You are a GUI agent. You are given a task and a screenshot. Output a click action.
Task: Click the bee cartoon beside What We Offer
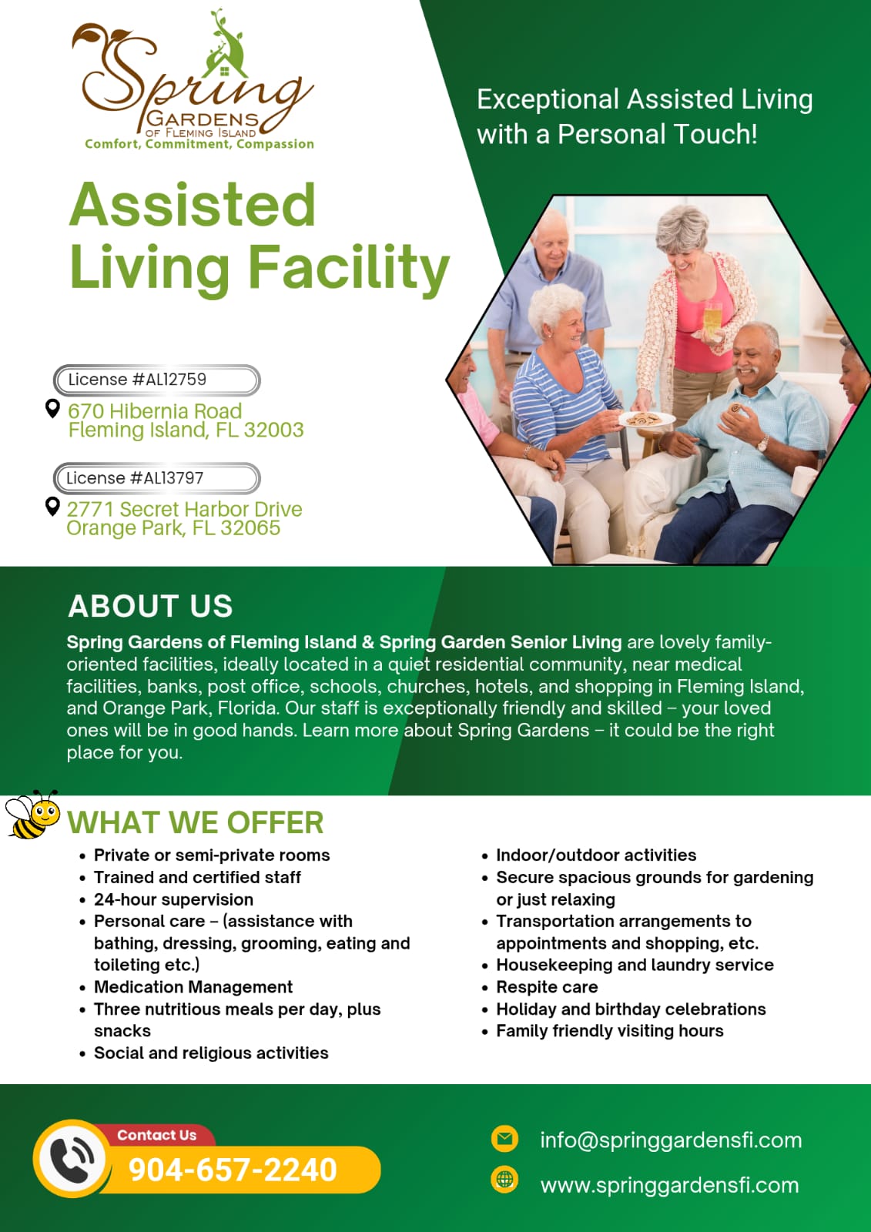tap(32, 815)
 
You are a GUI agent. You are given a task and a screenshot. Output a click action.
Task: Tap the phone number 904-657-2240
tap(233, 1170)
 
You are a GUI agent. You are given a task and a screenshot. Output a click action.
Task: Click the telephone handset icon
tap(72, 1158)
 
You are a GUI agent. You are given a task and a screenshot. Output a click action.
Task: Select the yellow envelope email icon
tap(504, 1138)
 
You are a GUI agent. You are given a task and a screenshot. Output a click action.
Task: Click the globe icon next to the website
tap(504, 1179)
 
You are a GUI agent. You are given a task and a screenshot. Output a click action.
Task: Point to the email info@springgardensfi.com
tap(671, 1140)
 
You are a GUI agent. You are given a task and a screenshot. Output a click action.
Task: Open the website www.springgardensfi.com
tap(669, 1185)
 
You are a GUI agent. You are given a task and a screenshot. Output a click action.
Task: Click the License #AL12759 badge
tap(157, 380)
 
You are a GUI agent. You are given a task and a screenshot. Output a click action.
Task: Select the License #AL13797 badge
tap(157, 478)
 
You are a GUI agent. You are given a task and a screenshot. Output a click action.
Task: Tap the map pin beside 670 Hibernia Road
tap(52, 408)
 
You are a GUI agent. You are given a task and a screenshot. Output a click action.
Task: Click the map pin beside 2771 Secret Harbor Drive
tap(52, 507)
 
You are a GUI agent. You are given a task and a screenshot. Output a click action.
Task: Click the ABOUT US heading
tap(150, 606)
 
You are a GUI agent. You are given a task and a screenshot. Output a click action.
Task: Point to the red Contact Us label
tap(157, 1135)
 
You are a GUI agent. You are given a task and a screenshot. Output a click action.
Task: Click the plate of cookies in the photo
tap(646, 420)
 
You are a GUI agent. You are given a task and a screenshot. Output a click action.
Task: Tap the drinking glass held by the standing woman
tap(712, 319)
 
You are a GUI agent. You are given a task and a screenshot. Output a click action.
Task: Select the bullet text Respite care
tap(547, 986)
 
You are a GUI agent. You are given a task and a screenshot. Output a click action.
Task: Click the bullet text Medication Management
tap(193, 986)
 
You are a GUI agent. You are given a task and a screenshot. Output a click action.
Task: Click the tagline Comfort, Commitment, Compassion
tap(199, 144)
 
